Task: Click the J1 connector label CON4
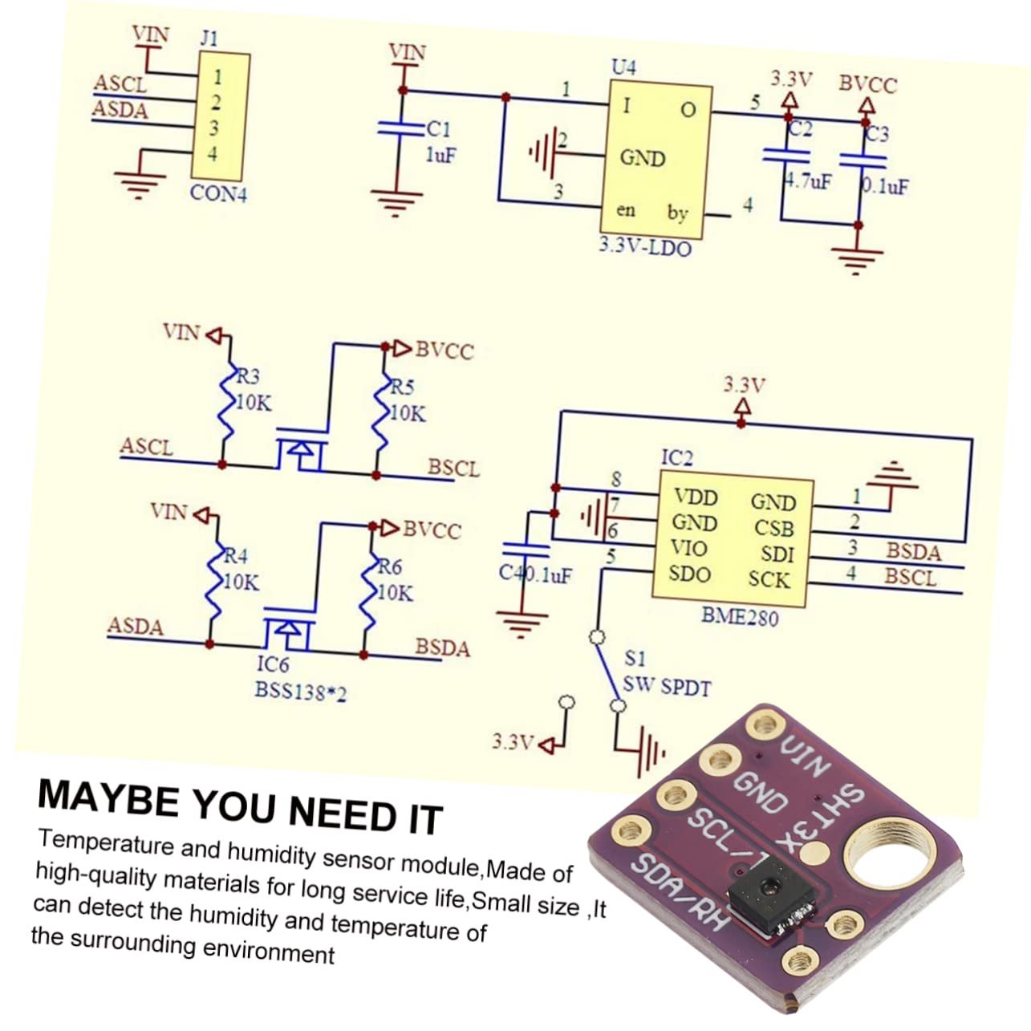218,193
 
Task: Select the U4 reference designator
623,68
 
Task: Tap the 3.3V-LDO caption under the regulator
645,247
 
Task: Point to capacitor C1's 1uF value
440,155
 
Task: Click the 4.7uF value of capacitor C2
808,182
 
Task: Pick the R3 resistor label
248,376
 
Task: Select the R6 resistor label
390,566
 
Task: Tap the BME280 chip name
740,618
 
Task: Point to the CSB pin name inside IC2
773,528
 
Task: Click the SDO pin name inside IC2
690,574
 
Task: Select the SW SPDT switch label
667,687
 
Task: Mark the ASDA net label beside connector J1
120,109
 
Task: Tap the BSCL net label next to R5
453,468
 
